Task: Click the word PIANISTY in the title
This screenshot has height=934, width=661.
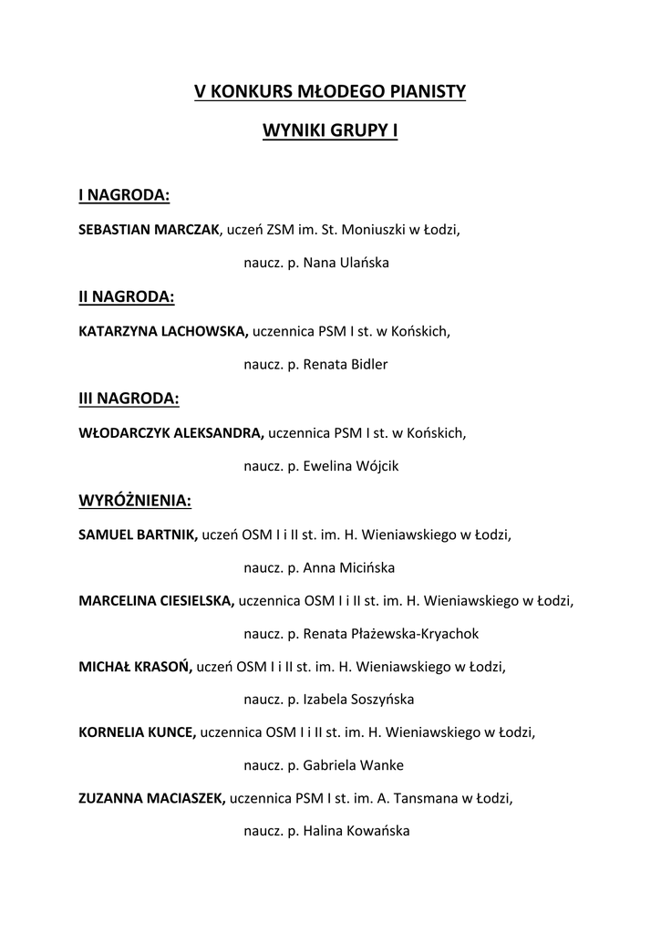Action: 422,91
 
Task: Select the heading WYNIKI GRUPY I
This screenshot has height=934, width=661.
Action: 330,131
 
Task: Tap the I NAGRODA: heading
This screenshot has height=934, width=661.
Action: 124,195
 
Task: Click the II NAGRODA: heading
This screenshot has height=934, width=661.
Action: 127,296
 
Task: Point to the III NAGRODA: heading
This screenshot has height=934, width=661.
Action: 129,398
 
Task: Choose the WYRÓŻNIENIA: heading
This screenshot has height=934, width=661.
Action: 136,500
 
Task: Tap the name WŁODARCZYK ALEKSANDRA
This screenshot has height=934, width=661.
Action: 171,432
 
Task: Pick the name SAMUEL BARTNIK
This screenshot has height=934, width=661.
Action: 139,534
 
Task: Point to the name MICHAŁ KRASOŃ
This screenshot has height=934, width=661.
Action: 136,667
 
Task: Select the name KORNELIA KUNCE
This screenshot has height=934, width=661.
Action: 138,732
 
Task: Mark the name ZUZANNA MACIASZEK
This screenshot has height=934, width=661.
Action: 152,799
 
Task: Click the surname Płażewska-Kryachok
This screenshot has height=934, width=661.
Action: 415,634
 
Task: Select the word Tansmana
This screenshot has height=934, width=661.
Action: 428,799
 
